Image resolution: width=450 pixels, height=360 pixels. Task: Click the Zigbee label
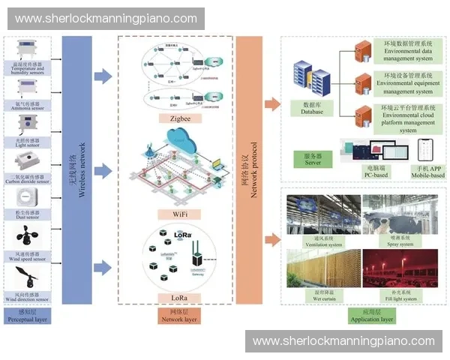175,118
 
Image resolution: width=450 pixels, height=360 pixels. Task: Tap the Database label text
311,109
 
